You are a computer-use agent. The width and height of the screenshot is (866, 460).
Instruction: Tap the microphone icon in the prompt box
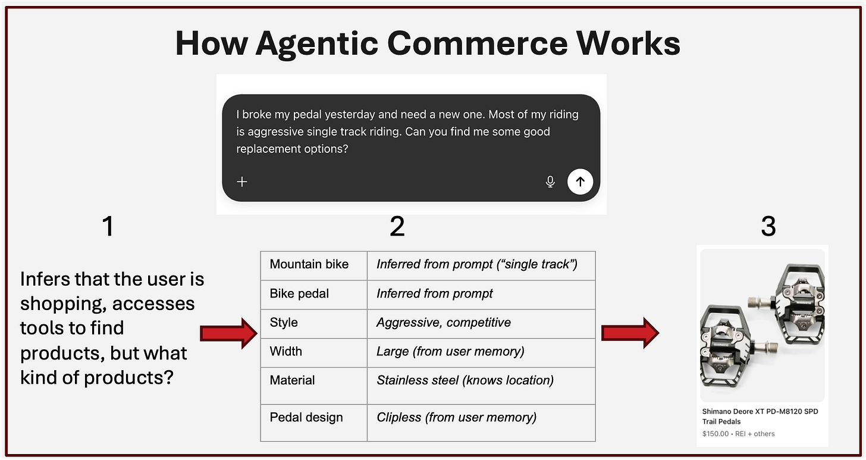tap(550, 182)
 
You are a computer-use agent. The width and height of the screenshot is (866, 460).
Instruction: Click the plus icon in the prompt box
tap(242, 182)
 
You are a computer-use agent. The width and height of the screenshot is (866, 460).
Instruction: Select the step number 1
tap(108, 226)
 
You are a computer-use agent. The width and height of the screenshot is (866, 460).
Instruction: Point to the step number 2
tap(397, 226)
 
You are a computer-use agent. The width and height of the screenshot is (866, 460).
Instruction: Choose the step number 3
tap(768, 226)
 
